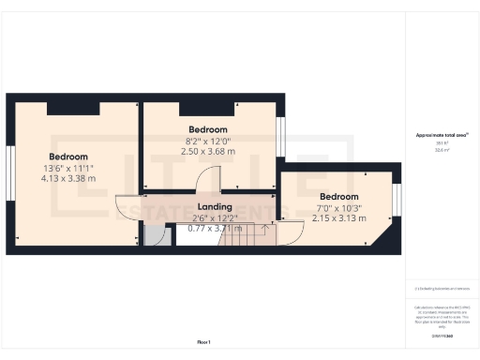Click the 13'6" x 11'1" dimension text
(69, 168)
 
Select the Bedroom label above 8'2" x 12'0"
(208, 129)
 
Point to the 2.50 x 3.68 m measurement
(208, 150)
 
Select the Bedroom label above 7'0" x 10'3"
(338, 197)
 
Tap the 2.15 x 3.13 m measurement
(338, 217)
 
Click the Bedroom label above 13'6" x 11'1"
(69, 157)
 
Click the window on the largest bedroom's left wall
(8, 175)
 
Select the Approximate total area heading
(442, 135)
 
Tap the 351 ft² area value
(442, 143)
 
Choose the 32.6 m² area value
(442, 150)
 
